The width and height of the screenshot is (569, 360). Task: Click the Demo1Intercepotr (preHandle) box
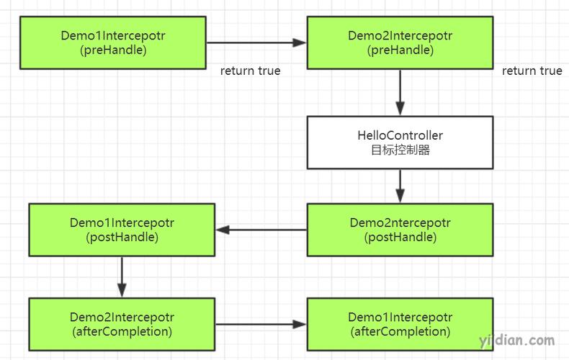[x=113, y=42]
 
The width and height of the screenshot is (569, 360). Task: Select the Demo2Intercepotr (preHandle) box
[x=400, y=42]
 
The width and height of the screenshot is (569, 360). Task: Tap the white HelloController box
[x=400, y=143]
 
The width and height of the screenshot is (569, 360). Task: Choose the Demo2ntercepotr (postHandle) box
[x=400, y=230]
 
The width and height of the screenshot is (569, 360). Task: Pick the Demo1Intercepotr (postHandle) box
[x=122, y=230]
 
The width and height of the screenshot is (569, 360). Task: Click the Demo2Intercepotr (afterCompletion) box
[x=122, y=324]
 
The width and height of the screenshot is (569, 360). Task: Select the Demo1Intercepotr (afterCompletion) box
[x=400, y=324]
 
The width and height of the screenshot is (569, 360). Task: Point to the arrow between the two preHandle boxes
[x=256, y=42]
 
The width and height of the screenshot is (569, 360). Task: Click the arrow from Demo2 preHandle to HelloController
[x=400, y=93]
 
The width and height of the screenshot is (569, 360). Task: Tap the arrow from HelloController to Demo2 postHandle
[x=400, y=186]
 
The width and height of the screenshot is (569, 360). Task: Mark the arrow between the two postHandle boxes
[x=261, y=230]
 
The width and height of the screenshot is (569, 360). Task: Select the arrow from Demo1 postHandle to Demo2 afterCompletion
[x=122, y=277]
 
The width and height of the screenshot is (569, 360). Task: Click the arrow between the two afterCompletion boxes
[x=261, y=324]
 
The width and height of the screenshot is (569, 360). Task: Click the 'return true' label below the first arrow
[x=251, y=71]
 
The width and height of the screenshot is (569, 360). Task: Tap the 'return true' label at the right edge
[x=532, y=71]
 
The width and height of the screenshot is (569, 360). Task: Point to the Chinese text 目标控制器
[x=400, y=150]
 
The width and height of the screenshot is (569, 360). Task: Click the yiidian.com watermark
[x=516, y=341]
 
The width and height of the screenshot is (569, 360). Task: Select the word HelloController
[x=400, y=135]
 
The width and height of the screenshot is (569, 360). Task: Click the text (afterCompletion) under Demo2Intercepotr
[x=122, y=331]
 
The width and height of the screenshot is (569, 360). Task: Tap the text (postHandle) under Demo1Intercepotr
[x=122, y=238]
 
